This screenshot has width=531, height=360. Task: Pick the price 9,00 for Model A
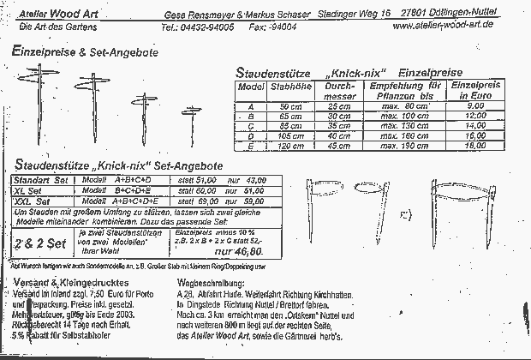click(480, 106)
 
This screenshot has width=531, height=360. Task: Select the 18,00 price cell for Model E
click(480, 146)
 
